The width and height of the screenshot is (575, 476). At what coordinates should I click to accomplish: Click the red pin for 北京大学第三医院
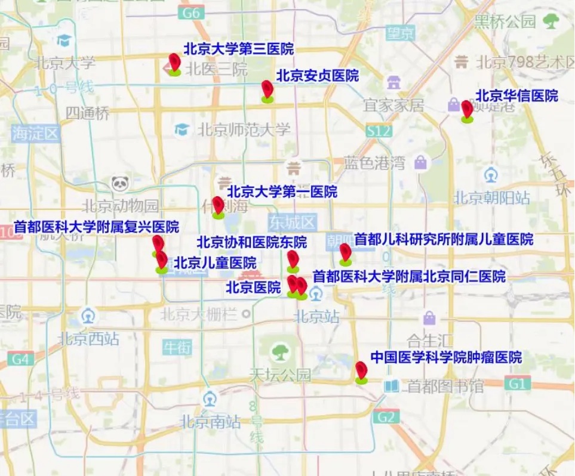[x=174, y=63]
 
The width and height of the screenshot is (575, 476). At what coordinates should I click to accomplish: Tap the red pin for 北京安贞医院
[x=267, y=90]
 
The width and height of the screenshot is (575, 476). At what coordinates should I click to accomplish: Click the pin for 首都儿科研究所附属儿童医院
[x=345, y=253]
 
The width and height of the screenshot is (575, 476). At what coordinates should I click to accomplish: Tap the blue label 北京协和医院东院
[x=251, y=242]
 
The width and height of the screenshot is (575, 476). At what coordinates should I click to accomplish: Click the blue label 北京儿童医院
[x=215, y=263]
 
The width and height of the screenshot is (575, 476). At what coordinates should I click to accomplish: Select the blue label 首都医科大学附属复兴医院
[x=96, y=227]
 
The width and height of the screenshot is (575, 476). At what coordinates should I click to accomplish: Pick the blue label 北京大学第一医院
[x=282, y=192]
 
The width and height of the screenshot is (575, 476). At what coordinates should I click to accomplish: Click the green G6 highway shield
[x=192, y=13]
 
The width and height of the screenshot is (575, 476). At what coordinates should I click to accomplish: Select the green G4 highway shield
[x=21, y=359]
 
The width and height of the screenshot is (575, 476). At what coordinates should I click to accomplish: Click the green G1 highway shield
[x=517, y=384]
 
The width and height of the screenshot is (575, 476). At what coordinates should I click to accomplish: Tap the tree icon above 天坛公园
[x=279, y=352]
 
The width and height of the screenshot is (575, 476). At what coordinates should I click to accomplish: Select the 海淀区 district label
[x=36, y=133]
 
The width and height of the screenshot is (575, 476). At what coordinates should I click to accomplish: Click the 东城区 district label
[x=292, y=223]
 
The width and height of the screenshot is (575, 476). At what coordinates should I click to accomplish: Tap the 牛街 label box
[x=177, y=347]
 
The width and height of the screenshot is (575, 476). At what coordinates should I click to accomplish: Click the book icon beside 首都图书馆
[x=391, y=387]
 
